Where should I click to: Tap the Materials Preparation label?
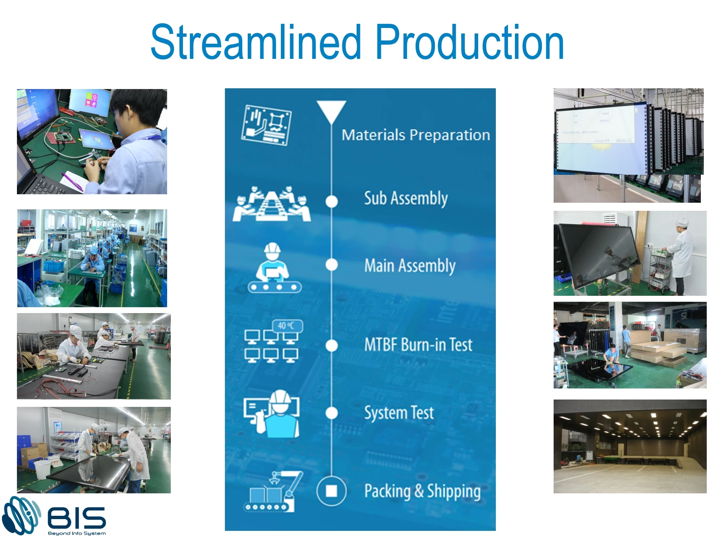416,135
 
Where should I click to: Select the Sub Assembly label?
406,198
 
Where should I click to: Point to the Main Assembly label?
410,266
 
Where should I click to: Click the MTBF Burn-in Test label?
418,345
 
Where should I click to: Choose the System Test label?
399,413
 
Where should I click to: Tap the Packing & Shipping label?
422,491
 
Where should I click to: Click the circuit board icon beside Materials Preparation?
266,125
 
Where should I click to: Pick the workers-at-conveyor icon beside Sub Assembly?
271,205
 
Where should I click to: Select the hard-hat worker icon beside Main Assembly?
274,268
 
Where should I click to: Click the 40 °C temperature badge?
287,326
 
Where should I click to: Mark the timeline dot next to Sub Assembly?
332,202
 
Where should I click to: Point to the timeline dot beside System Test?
332,413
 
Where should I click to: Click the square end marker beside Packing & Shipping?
331,491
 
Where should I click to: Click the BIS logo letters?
77,518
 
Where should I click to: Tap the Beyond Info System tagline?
77,533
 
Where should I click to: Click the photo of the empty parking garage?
630,446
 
